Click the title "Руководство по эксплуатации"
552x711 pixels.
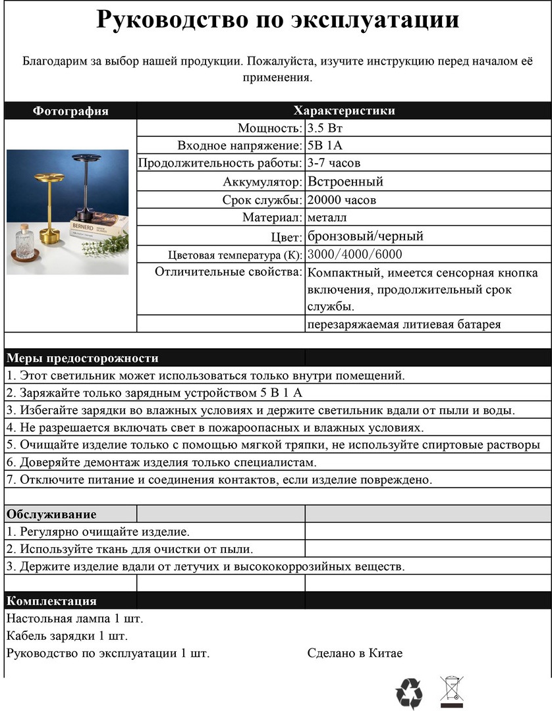click(x=277, y=20)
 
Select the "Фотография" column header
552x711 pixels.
click(x=70, y=111)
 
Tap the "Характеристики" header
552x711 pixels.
click(x=344, y=111)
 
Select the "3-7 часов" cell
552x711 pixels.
click(x=334, y=163)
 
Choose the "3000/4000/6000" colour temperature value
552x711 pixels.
click(x=355, y=255)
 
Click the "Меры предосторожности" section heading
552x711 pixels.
click(x=82, y=358)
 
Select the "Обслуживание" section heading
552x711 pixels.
click(x=51, y=514)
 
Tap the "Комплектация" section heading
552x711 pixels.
click(x=51, y=601)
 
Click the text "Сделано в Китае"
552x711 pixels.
click(x=354, y=653)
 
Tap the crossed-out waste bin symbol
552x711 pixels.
click(x=451, y=691)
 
